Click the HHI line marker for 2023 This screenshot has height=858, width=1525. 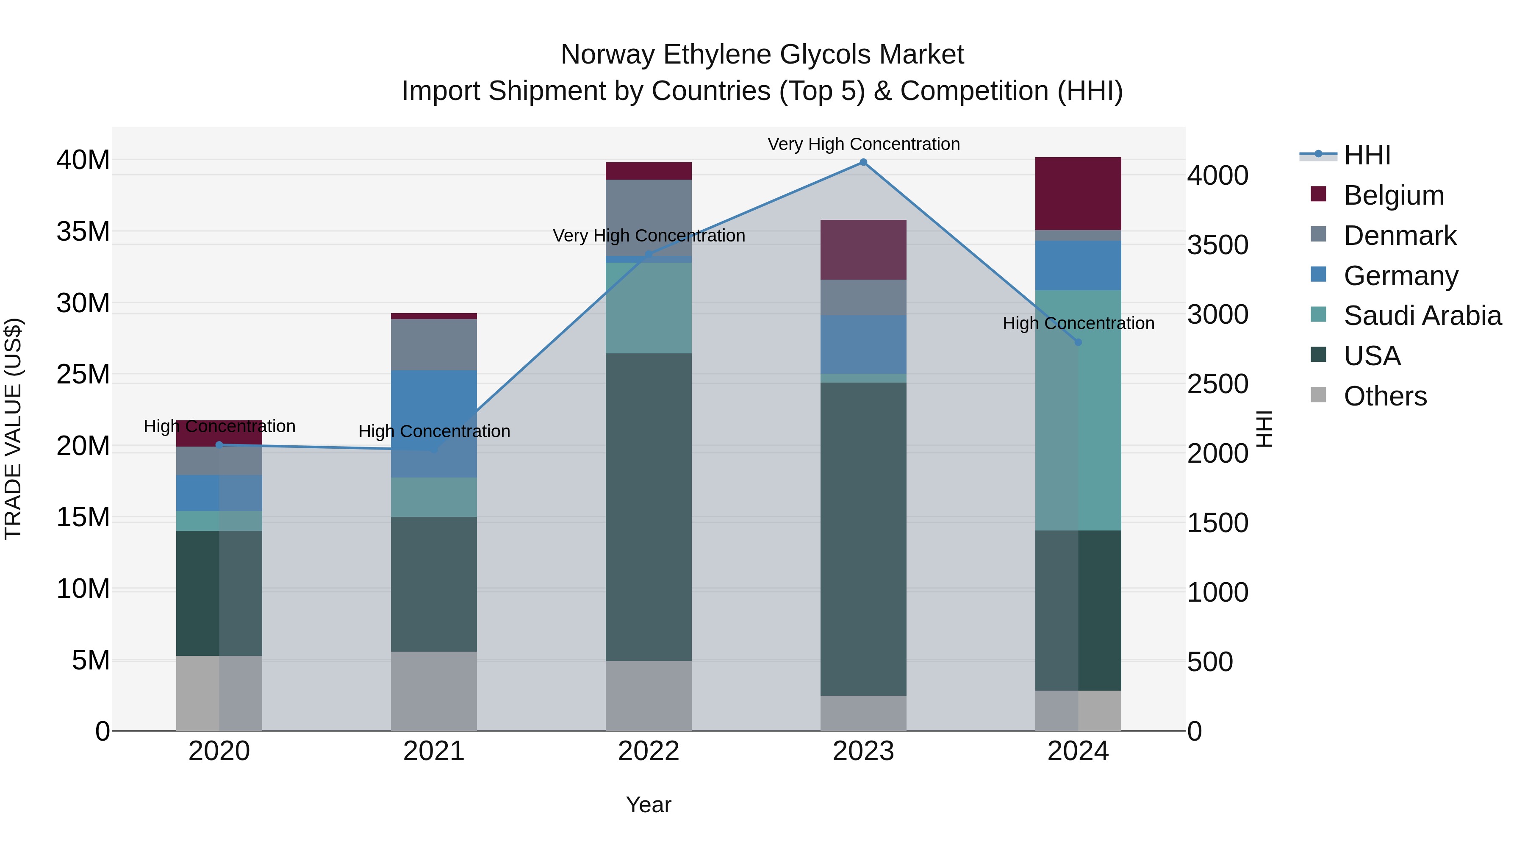pos(863,162)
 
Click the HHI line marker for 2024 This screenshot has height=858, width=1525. pos(1078,342)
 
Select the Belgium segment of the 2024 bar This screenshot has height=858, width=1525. pos(1078,194)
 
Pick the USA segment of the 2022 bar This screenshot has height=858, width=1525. pos(649,507)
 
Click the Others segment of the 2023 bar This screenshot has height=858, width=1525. pos(863,713)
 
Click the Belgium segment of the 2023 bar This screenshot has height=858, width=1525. pos(863,249)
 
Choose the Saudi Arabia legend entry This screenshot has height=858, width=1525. pos(1422,316)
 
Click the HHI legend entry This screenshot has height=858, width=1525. pos(1367,155)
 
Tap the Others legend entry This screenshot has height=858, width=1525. pos(1385,396)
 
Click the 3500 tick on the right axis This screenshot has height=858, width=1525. pos(1218,245)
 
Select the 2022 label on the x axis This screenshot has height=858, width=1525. pos(649,751)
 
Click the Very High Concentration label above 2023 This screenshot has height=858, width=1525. pos(863,144)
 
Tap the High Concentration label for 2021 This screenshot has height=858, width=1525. pos(434,431)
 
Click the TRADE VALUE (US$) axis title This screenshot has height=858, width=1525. pos(13,429)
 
